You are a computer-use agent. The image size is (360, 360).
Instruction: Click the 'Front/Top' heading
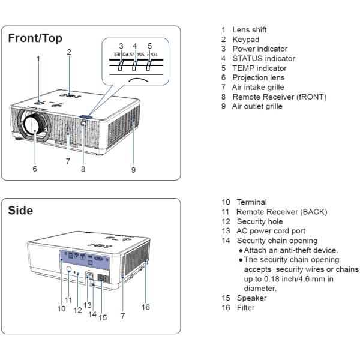[35, 38]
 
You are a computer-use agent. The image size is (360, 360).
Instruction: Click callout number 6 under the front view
[35, 169]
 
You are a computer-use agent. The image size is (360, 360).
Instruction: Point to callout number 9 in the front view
[133, 170]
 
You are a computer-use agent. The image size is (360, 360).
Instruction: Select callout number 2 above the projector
[69, 52]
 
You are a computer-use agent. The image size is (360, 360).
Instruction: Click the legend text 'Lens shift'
[250, 29]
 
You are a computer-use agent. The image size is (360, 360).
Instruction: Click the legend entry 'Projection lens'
[259, 77]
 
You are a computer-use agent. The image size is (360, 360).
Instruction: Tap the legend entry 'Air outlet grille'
[257, 106]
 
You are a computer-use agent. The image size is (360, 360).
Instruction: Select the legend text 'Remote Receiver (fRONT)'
[279, 97]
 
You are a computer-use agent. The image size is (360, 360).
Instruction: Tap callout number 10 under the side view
[61, 309]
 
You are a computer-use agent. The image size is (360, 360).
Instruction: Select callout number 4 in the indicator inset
[134, 46]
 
